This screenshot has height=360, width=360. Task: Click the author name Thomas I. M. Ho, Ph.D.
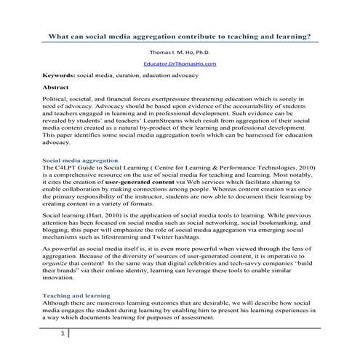tap(180, 52)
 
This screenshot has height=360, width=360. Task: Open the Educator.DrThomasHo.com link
tap(180, 64)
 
